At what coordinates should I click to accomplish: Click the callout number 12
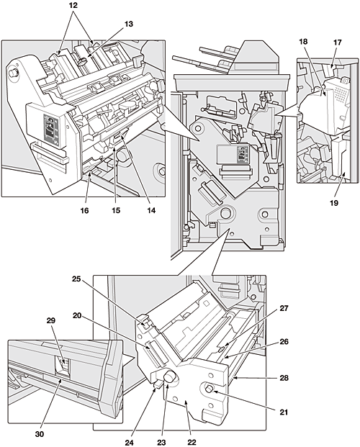[73, 6]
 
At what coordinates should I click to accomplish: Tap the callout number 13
[129, 24]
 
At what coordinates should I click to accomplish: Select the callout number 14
[151, 210]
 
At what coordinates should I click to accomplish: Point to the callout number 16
[84, 210]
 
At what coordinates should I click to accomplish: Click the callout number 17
[337, 42]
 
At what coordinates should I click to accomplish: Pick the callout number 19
[334, 203]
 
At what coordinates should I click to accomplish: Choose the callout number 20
[77, 315]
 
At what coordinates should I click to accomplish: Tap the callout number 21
[284, 412]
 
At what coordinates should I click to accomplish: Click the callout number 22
[192, 442]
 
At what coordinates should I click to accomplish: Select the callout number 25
[76, 279]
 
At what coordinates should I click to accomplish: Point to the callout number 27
[284, 308]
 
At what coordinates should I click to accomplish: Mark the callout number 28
[284, 378]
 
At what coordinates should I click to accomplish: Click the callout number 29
[51, 320]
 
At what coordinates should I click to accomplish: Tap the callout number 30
[40, 434]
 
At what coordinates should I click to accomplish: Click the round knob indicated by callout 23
[169, 377]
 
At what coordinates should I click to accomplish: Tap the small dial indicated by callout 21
[210, 388]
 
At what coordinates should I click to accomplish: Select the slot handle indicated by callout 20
[156, 353]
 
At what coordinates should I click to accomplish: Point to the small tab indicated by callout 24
[157, 385]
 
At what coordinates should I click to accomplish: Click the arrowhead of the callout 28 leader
[235, 378]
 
